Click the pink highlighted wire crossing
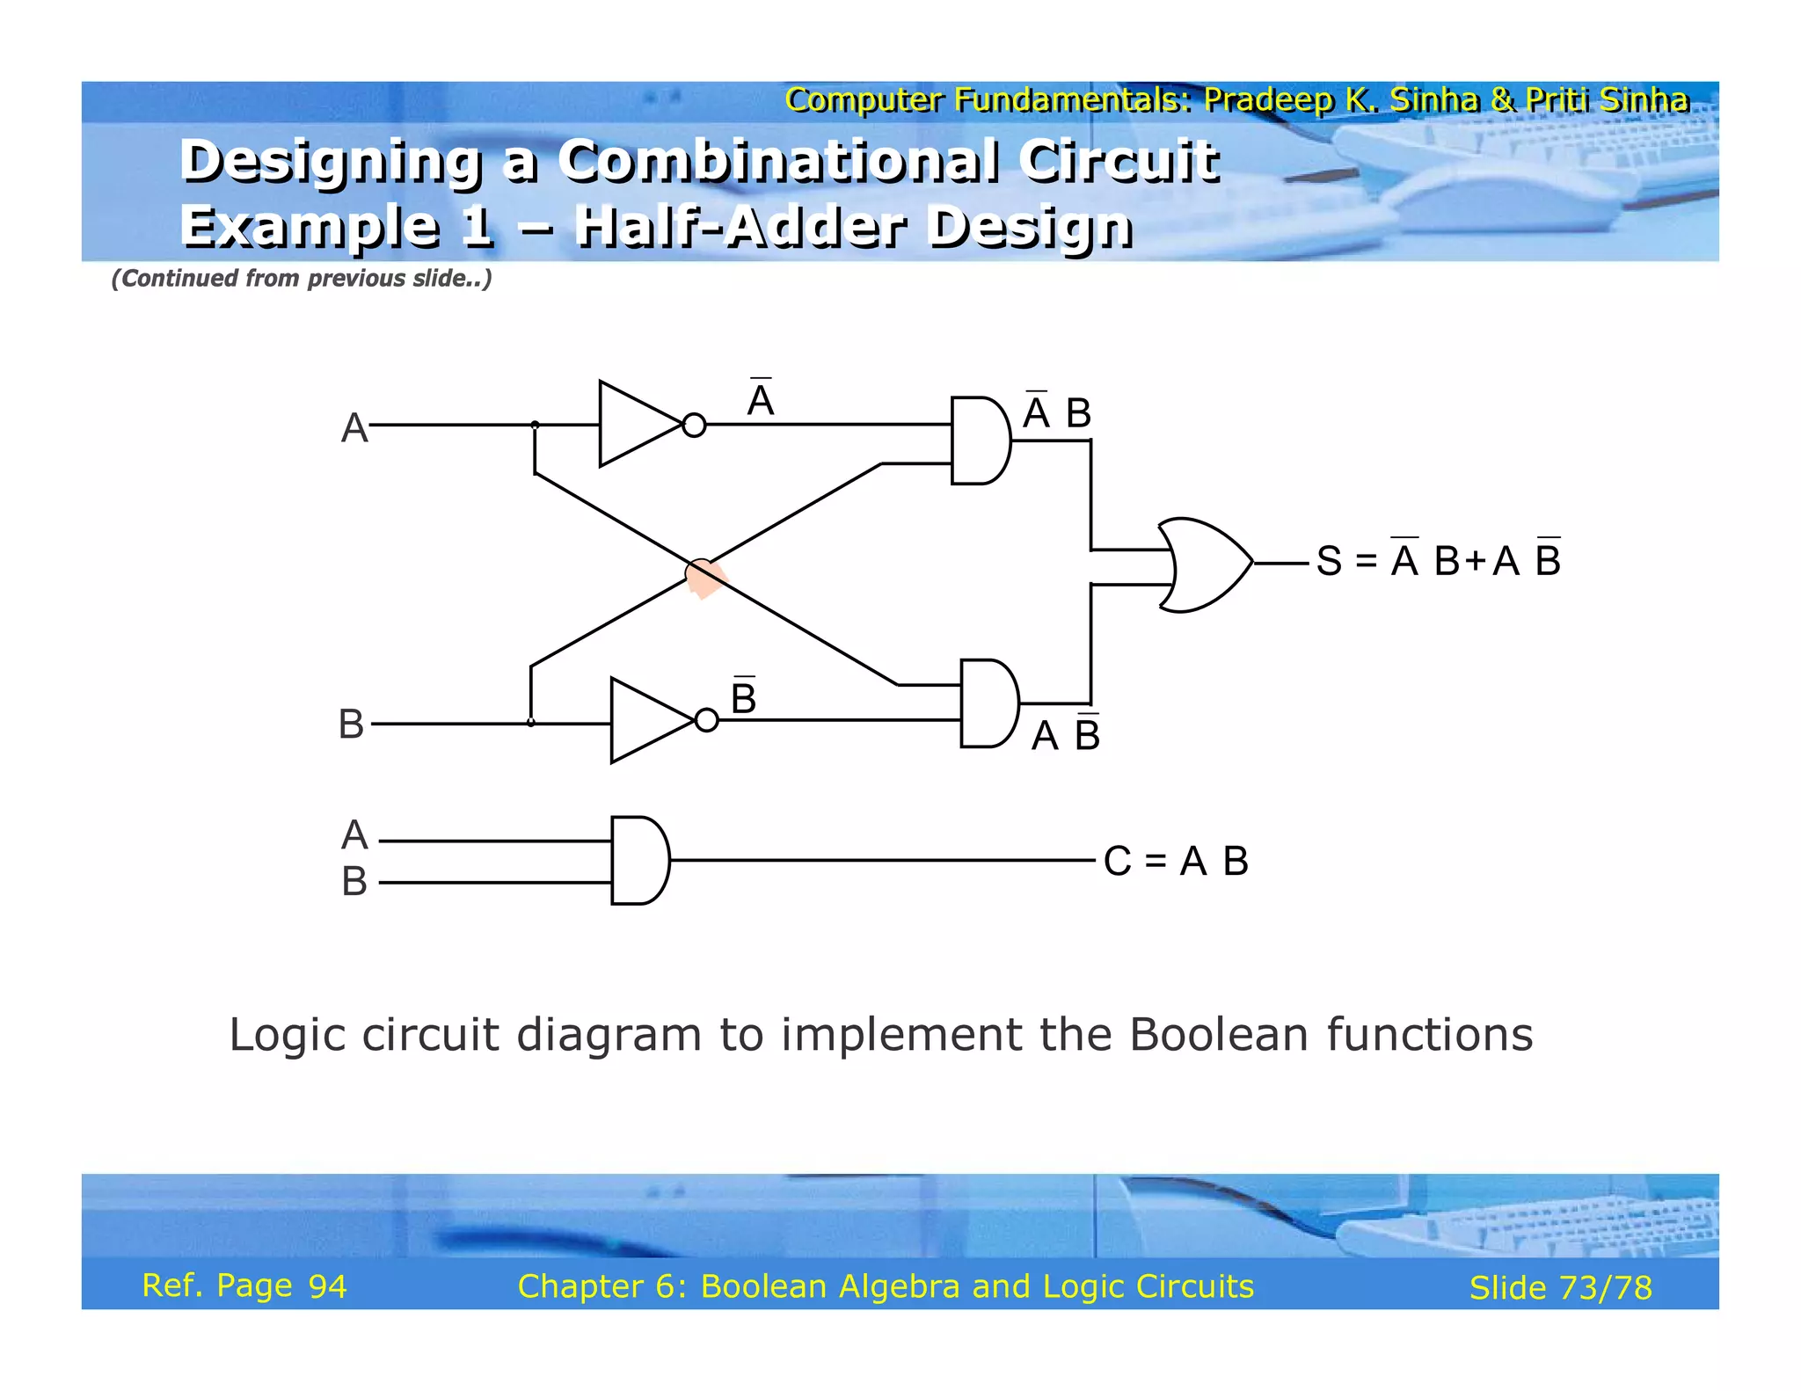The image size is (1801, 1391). [x=704, y=577]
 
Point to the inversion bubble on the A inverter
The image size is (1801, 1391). [x=694, y=426]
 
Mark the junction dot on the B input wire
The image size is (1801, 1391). [x=531, y=723]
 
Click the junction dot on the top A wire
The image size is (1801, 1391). [x=535, y=426]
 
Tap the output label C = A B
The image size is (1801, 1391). [x=1176, y=862]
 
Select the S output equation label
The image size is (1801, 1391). [x=1439, y=560]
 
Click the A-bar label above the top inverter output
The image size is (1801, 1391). [x=760, y=400]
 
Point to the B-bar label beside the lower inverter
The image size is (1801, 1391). [x=743, y=698]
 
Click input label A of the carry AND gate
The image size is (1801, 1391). [x=354, y=835]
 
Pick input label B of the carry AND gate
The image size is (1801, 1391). [x=354, y=881]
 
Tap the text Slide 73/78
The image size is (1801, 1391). [x=1561, y=1288]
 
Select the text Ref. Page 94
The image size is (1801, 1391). [x=244, y=1285]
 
